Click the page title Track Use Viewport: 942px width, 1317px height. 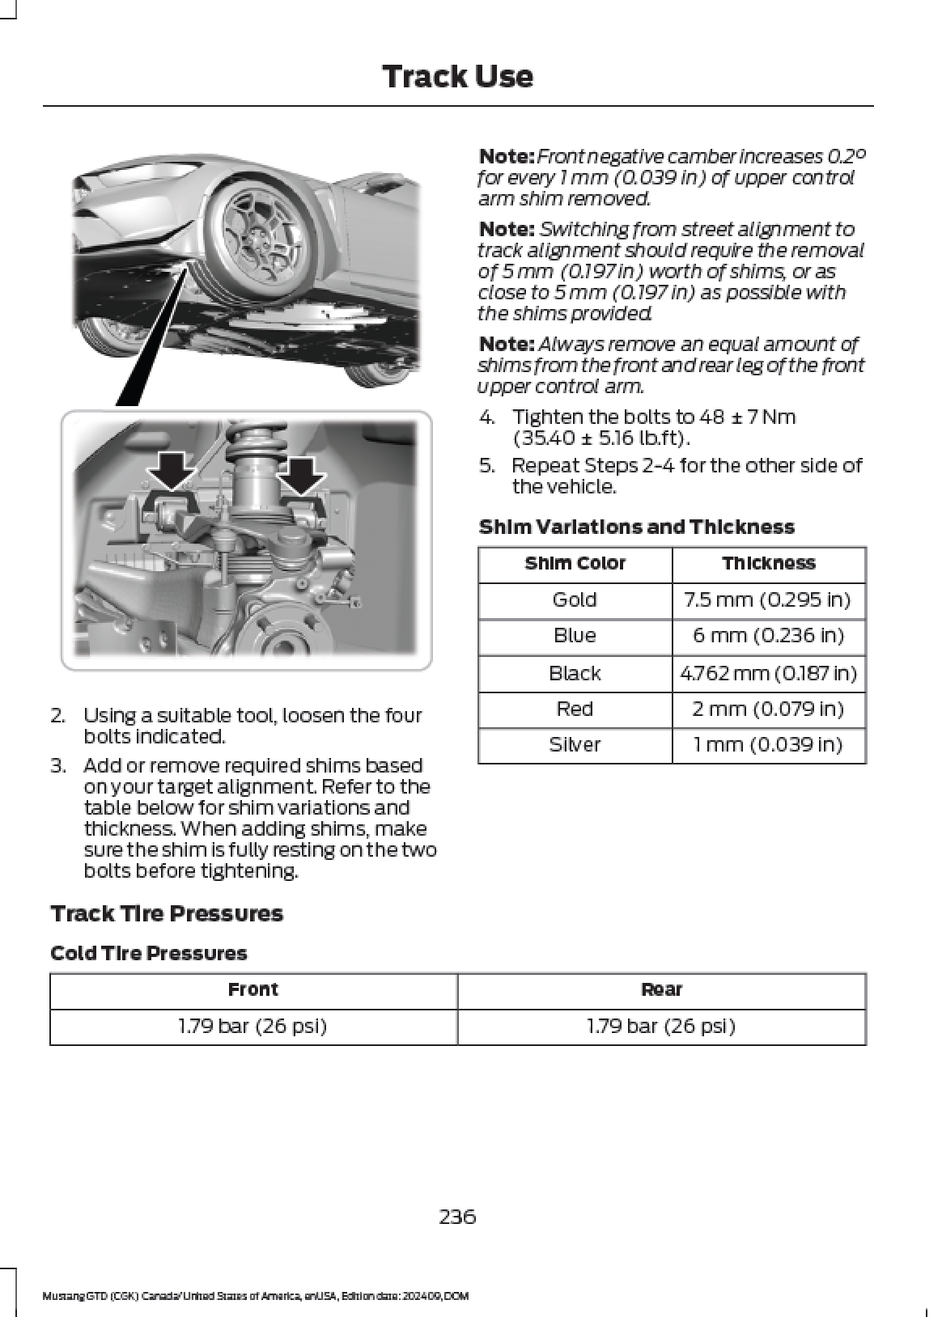coord(457,77)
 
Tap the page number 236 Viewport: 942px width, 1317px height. coord(457,1216)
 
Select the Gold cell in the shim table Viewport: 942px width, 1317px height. coord(575,599)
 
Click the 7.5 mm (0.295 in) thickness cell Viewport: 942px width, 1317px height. coord(767,599)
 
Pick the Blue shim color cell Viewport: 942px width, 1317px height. coord(575,636)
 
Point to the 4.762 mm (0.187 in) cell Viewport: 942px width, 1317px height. coord(767,673)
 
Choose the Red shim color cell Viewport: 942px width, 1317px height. coord(575,709)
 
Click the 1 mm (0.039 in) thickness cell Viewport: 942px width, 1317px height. coord(767,745)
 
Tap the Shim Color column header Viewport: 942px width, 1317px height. coord(575,563)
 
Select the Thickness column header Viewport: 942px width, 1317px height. coord(768,563)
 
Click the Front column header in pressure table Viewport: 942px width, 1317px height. coord(252,989)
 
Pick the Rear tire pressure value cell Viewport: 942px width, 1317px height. coord(660,1027)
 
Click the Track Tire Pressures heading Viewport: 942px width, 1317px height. coord(167,914)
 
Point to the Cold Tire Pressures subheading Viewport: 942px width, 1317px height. coord(148,953)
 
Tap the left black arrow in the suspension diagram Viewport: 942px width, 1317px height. coord(172,474)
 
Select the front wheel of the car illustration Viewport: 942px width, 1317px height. coord(255,231)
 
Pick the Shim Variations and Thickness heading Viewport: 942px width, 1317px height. coord(636,527)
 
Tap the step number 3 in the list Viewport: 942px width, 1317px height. coord(57,765)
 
